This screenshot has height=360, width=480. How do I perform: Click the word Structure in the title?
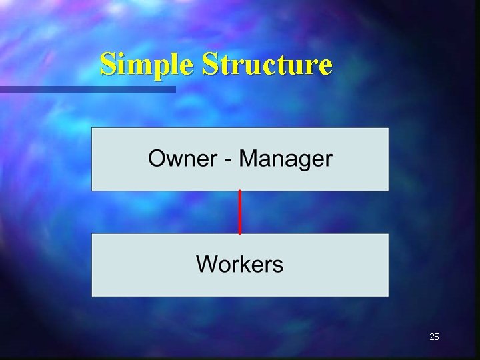(267, 65)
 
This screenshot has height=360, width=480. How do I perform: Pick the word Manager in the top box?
(286, 159)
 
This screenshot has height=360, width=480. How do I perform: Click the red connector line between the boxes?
(240, 212)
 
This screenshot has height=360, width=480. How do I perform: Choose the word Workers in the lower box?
(240, 264)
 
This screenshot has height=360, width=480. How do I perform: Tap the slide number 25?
(434, 337)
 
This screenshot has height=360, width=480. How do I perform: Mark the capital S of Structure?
(209, 64)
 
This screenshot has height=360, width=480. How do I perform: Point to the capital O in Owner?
(157, 159)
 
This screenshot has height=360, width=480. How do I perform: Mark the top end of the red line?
(240, 192)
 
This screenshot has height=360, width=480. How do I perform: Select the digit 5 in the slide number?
(437, 337)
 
